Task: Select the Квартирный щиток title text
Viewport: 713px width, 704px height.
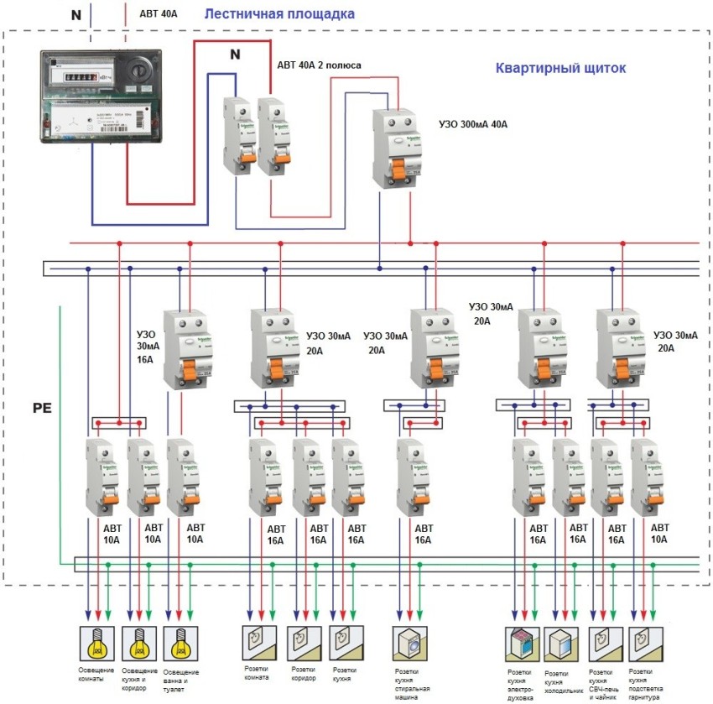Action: click(560, 68)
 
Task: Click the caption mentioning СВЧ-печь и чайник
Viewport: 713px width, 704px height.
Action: click(605, 685)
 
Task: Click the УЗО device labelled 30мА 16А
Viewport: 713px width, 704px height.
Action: click(185, 348)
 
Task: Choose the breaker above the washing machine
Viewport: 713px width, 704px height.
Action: click(410, 475)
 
